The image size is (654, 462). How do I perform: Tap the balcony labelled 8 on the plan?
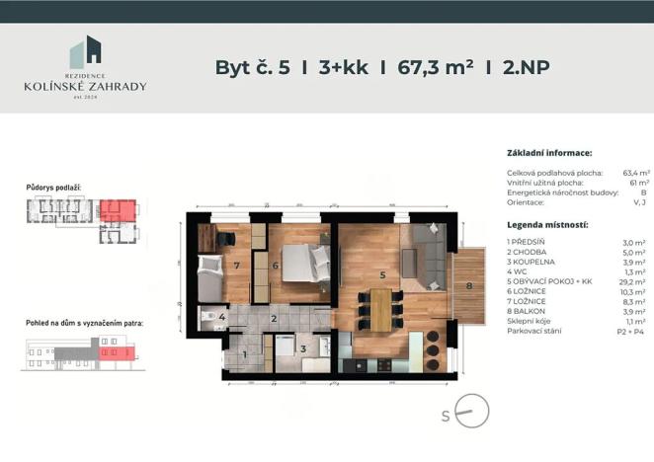point(470,286)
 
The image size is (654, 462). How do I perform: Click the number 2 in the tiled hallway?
point(273,318)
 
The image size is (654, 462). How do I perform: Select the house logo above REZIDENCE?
point(85,55)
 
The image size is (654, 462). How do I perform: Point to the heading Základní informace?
point(548,153)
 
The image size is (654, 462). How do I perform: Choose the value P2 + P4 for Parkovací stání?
point(633,331)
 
